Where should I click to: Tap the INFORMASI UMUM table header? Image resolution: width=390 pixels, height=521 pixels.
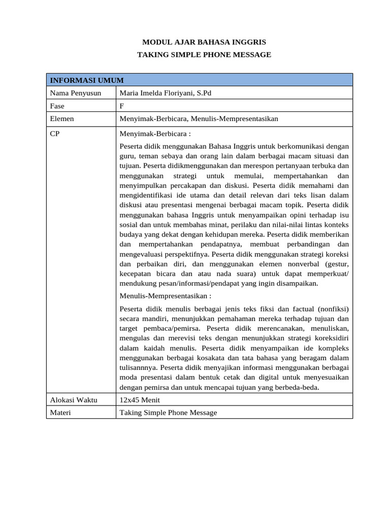point(86,80)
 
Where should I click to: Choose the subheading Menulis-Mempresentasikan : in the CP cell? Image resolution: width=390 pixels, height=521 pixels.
point(166,296)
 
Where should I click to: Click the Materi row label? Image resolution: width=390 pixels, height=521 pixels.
point(60,412)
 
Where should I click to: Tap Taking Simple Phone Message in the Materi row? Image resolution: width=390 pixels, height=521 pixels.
point(168,412)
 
